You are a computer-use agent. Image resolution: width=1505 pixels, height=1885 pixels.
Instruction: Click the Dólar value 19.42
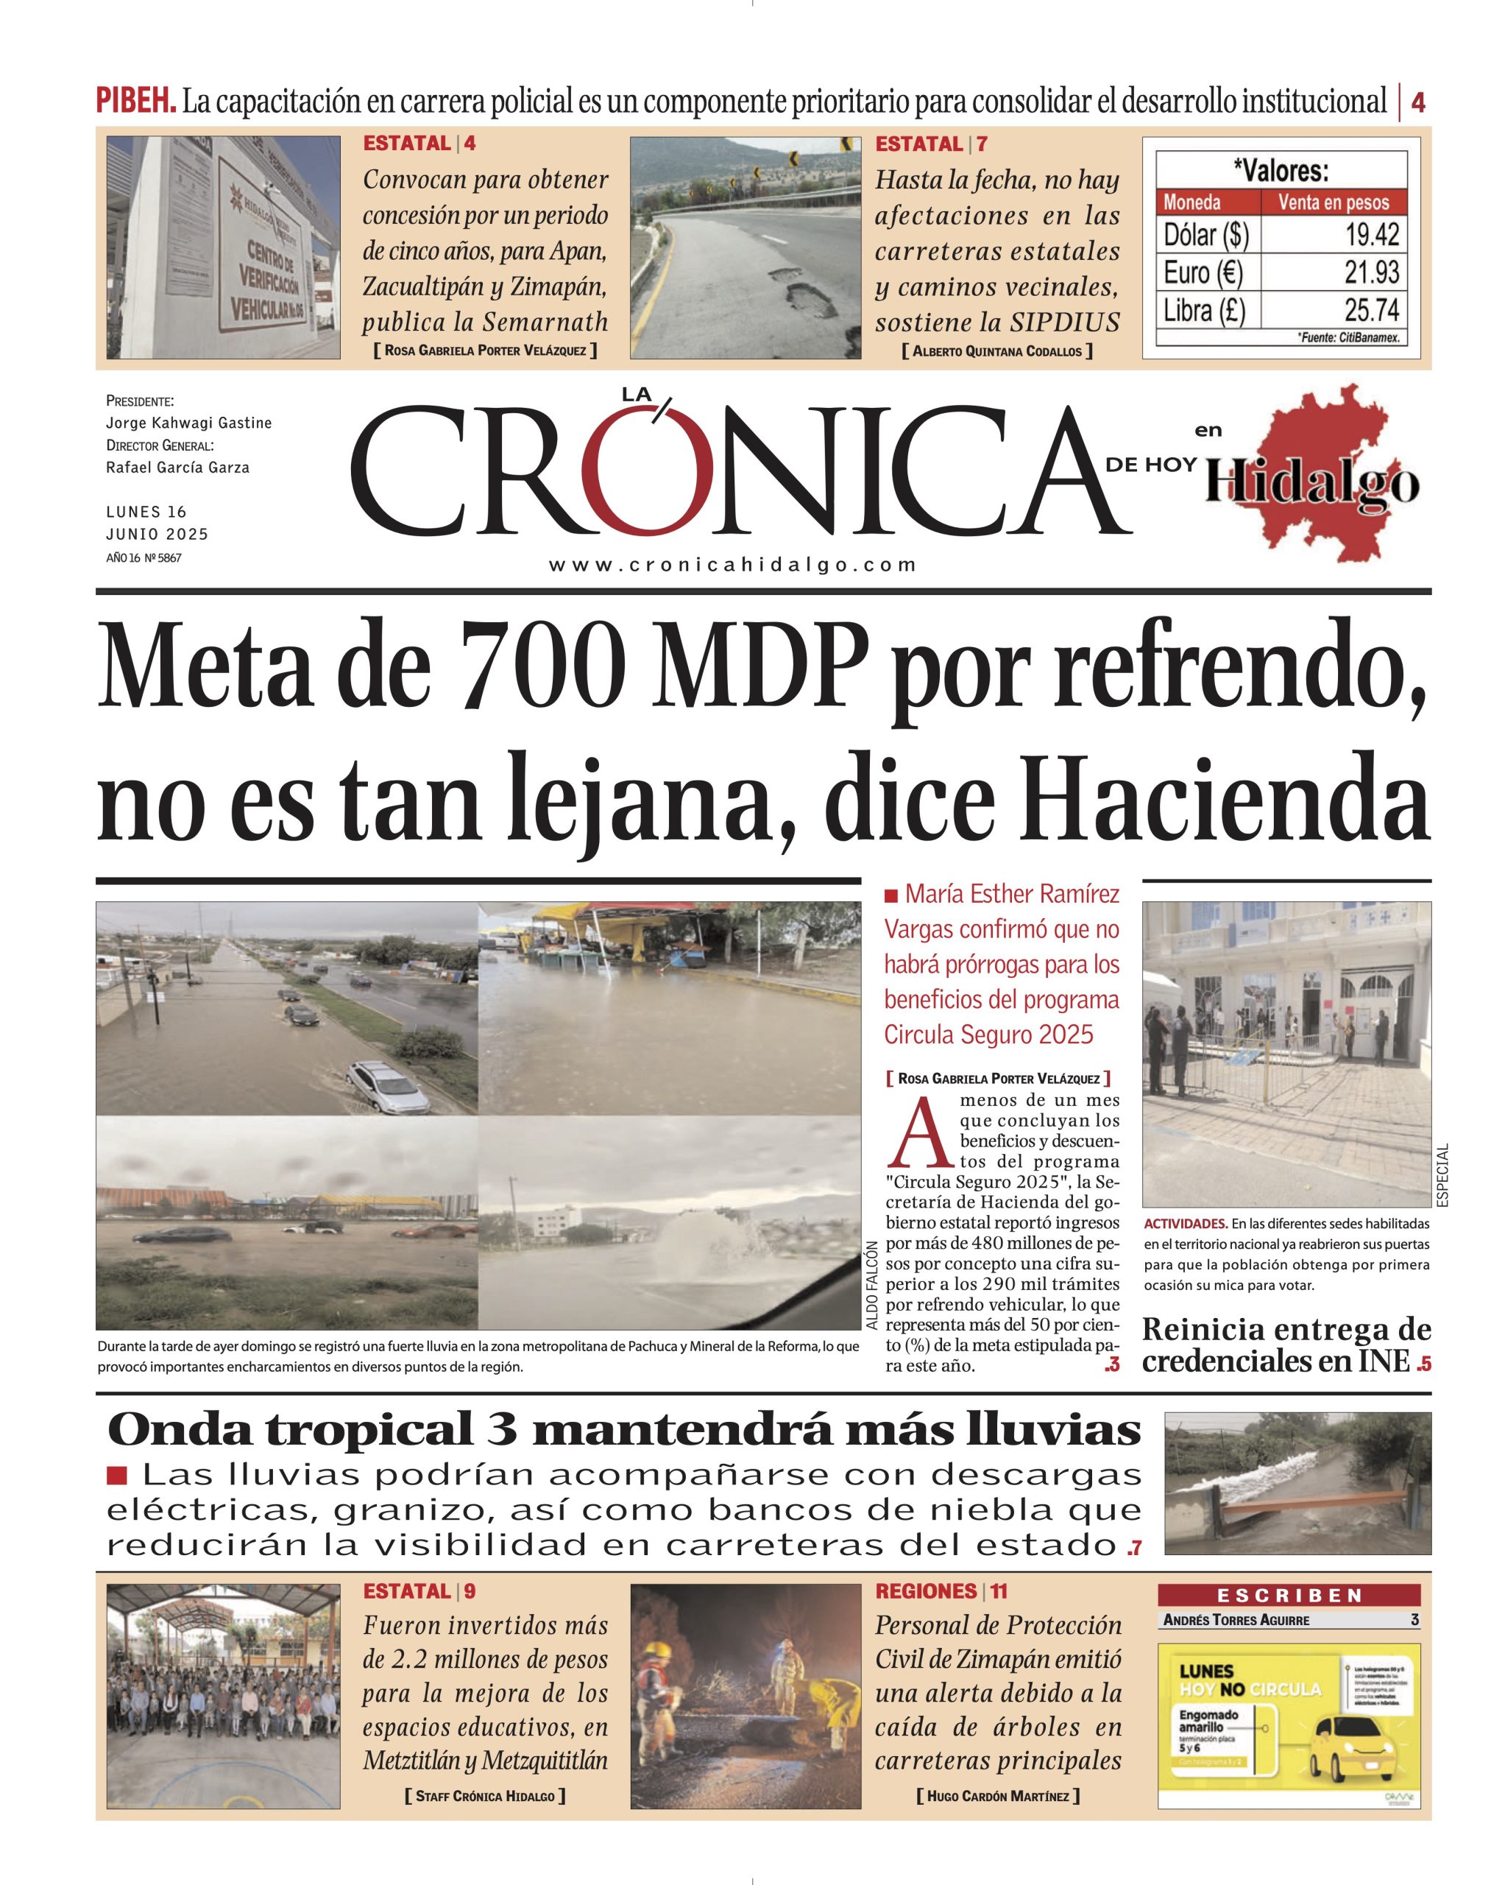click(1371, 234)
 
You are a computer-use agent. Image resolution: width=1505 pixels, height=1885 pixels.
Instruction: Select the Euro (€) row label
click(1203, 272)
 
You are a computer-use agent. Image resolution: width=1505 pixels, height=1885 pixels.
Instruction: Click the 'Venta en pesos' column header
click(1333, 202)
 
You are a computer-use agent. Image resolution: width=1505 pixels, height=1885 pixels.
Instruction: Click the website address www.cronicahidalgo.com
click(732, 565)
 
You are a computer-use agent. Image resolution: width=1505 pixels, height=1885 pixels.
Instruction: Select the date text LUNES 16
click(146, 512)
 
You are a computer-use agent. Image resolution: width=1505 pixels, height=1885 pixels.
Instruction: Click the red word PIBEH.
click(135, 102)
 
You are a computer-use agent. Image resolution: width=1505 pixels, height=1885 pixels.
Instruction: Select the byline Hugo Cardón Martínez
click(997, 1796)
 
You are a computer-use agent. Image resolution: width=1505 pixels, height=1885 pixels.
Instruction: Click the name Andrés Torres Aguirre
click(1236, 1620)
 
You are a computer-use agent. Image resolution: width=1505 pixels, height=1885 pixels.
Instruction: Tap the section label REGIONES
click(926, 1591)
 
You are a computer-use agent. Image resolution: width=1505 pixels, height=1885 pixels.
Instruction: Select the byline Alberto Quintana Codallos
click(996, 351)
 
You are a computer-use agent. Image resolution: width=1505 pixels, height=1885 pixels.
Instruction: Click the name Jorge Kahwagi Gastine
click(189, 423)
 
